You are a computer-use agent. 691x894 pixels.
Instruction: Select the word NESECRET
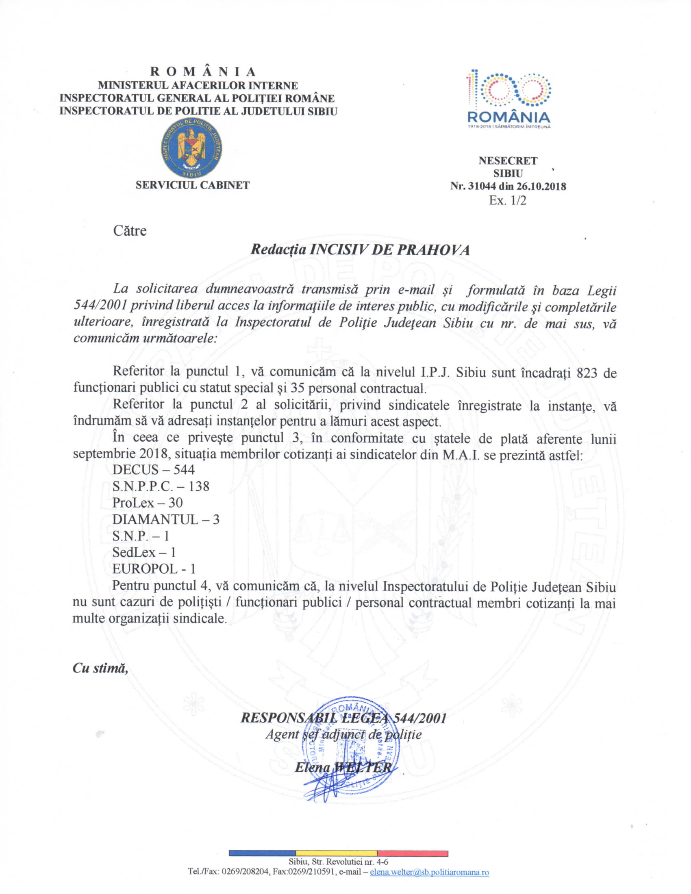(x=508, y=161)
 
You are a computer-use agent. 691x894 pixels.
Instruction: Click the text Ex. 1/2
(x=508, y=201)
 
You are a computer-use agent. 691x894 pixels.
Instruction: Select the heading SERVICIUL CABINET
(x=192, y=185)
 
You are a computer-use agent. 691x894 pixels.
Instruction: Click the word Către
(x=130, y=230)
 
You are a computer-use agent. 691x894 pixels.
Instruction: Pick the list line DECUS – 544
(x=154, y=469)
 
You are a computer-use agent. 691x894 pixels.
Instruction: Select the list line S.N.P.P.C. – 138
(x=161, y=486)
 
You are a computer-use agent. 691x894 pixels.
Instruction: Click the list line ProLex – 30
(x=148, y=503)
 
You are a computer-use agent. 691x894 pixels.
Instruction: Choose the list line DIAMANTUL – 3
(x=166, y=519)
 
